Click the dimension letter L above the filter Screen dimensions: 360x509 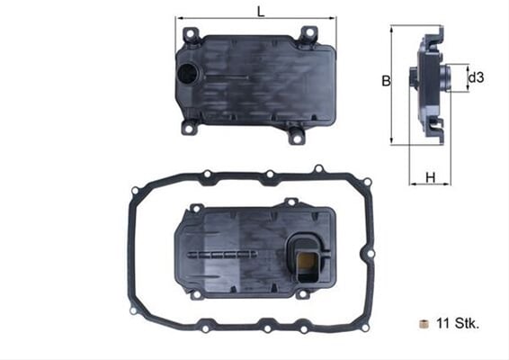click(x=261, y=12)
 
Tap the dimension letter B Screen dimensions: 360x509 click(x=385, y=81)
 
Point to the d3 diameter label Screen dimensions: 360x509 click(x=477, y=78)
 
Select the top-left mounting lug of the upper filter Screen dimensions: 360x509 click(x=191, y=35)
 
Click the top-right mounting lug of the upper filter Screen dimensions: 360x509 click(x=308, y=35)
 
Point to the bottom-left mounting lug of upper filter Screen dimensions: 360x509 click(x=190, y=127)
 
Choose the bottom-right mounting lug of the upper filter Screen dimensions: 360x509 click(x=296, y=136)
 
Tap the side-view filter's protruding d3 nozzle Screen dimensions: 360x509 click(x=414, y=78)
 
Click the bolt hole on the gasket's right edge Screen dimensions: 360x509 click(x=368, y=256)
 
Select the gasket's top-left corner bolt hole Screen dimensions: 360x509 click(x=136, y=190)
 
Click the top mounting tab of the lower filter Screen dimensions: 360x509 click(x=290, y=202)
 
